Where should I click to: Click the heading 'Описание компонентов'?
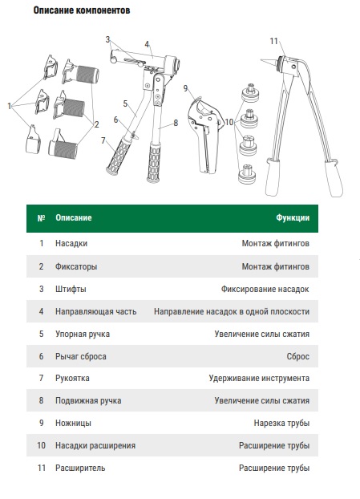tap(82, 10)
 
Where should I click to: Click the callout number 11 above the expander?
tap(274, 41)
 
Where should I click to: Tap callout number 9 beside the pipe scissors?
tap(186, 88)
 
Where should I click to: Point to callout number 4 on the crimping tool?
tap(147, 44)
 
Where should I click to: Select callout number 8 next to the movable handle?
tap(176, 123)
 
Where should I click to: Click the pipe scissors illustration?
tap(204, 135)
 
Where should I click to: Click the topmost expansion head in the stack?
tap(249, 91)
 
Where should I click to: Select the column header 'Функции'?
tap(293, 217)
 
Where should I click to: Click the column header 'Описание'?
tap(74, 217)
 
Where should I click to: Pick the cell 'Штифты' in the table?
tap(71, 290)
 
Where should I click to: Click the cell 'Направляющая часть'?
tap(95, 311)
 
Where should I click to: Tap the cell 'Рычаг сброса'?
tap(81, 356)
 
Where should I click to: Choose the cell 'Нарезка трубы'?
tap(281, 423)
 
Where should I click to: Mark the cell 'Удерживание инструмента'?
tap(259, 378)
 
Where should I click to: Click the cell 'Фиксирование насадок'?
tap(265, 290)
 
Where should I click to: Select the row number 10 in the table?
tap(42, 445)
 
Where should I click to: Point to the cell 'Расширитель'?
tap(80, 468)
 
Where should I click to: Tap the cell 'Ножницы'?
tap(73, 423)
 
